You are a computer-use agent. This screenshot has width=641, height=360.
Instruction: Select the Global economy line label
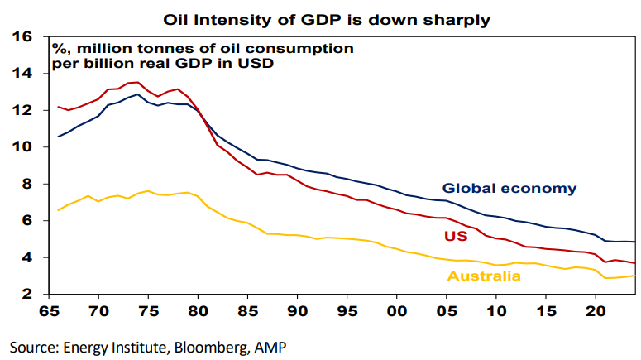(x=509, y=189)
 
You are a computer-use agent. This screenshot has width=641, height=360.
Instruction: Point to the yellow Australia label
(x=484, y=276)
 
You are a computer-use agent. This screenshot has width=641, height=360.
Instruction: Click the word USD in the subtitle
(x=257, y=62)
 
